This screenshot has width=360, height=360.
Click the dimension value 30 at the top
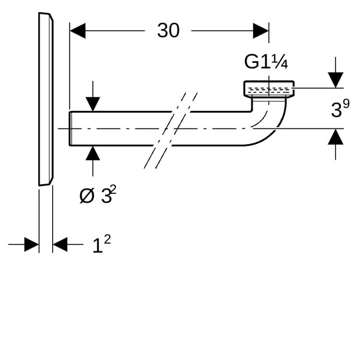tap(168, 31)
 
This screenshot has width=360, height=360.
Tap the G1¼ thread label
tap(266, 62)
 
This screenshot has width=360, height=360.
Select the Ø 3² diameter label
tap(98, 194)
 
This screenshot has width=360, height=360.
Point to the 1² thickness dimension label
tap(101, 244)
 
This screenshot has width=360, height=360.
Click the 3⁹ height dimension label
tap(340, 108)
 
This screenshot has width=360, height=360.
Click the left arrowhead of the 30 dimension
tap(77, 31)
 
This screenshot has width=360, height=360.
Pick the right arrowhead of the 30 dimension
tap(261, 31)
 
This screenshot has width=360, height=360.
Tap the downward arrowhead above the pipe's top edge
tap(93, 104)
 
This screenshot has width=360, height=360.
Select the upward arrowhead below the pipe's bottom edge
tap(93, 153)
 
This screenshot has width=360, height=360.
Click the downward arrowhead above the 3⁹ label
tap(335, 80)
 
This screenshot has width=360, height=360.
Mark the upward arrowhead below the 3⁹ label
tap(335, 137)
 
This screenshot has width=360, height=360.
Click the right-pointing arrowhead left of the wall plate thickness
tap(32, 245)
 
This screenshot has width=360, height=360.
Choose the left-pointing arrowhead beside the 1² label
tap(60, 245)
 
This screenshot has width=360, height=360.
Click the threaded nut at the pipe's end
tap(269, 89)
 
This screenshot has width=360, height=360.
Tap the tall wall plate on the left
tap(46, 99)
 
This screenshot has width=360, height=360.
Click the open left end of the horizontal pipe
tap(70, 128)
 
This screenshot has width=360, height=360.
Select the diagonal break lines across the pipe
tap(170, 130)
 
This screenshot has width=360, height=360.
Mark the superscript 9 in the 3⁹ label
tap(346, 103)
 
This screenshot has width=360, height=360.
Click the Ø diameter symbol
tap(87, 196)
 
